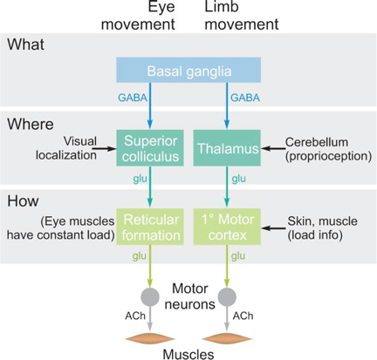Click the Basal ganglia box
(188, 70)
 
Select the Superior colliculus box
(150, 148)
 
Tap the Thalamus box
(227, 148)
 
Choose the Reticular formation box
(150, 227)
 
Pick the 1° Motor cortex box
(227, 227)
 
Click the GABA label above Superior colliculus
(133, 98)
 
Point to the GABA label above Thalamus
(245, 98)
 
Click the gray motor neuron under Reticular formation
(150, 297)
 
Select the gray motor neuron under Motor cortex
(227, 297)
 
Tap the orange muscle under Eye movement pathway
(150, 338)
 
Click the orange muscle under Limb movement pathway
(227, 338)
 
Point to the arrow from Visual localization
(106, 149)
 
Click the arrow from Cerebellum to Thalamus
(273, 148)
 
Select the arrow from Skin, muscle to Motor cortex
(273, 228)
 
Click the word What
(26, 44)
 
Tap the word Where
(31, 124)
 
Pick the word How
(23, 200)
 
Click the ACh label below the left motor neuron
(135, 316)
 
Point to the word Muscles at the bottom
(188, 354)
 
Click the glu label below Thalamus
(239, 179)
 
